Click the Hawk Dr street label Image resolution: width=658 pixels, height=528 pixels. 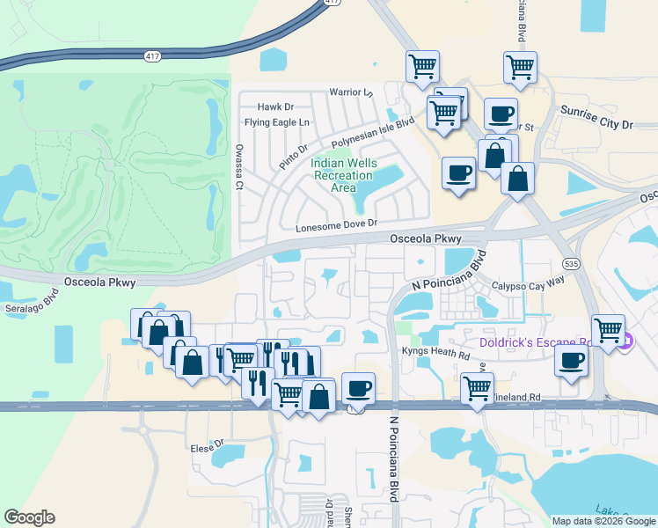(x=275, y=106)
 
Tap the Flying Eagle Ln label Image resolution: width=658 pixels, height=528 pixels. (x=277, y=122)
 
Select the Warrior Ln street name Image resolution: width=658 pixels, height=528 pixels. (x=351, y=92)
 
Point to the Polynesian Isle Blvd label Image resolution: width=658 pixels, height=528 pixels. (x=373, y=132)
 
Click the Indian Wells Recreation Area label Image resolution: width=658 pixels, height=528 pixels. (x=343, y=176)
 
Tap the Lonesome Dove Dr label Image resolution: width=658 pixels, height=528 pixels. (x=336, y=225)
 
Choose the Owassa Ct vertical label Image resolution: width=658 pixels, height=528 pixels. (x=238, y=166)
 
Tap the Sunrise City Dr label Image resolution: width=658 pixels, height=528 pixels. (x=596, y=125)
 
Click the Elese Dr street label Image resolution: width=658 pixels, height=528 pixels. (x=208, y=447)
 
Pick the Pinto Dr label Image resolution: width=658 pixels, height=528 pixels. (x=292, y=156)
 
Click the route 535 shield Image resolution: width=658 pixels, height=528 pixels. (x=571, y=264)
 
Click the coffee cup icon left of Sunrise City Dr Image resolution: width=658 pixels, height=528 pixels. (x=501, y=114)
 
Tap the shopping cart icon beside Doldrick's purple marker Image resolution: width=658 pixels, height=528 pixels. (x=608, y=331)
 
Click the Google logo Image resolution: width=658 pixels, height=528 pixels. (x=29, y=517)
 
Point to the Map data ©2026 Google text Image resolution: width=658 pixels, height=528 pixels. (x=603, y=521)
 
